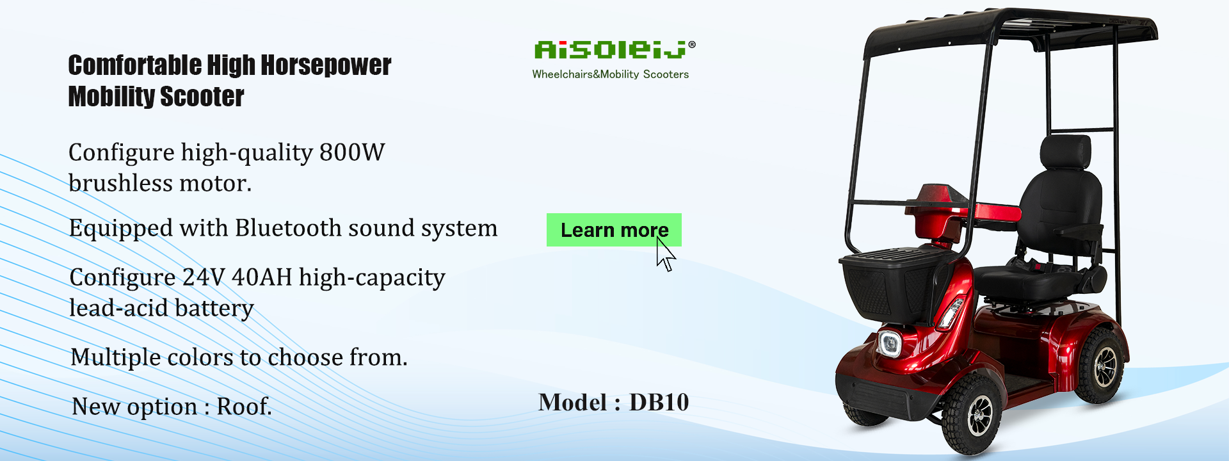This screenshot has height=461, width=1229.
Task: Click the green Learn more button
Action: click(614, 230)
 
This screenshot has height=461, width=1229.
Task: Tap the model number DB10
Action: click(659, 402)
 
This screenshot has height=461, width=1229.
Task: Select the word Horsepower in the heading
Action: click(325, 65)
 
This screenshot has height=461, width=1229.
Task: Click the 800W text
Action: click(352, 152)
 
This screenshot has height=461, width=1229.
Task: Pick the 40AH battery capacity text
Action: click(262, 277)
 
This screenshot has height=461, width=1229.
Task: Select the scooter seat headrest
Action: click(1064, 154)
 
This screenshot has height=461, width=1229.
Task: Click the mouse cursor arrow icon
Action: click(666, 255)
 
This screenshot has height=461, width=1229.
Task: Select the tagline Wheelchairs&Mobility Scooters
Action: click(610, 74)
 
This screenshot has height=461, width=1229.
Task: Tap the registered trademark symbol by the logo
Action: click(692, 45)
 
